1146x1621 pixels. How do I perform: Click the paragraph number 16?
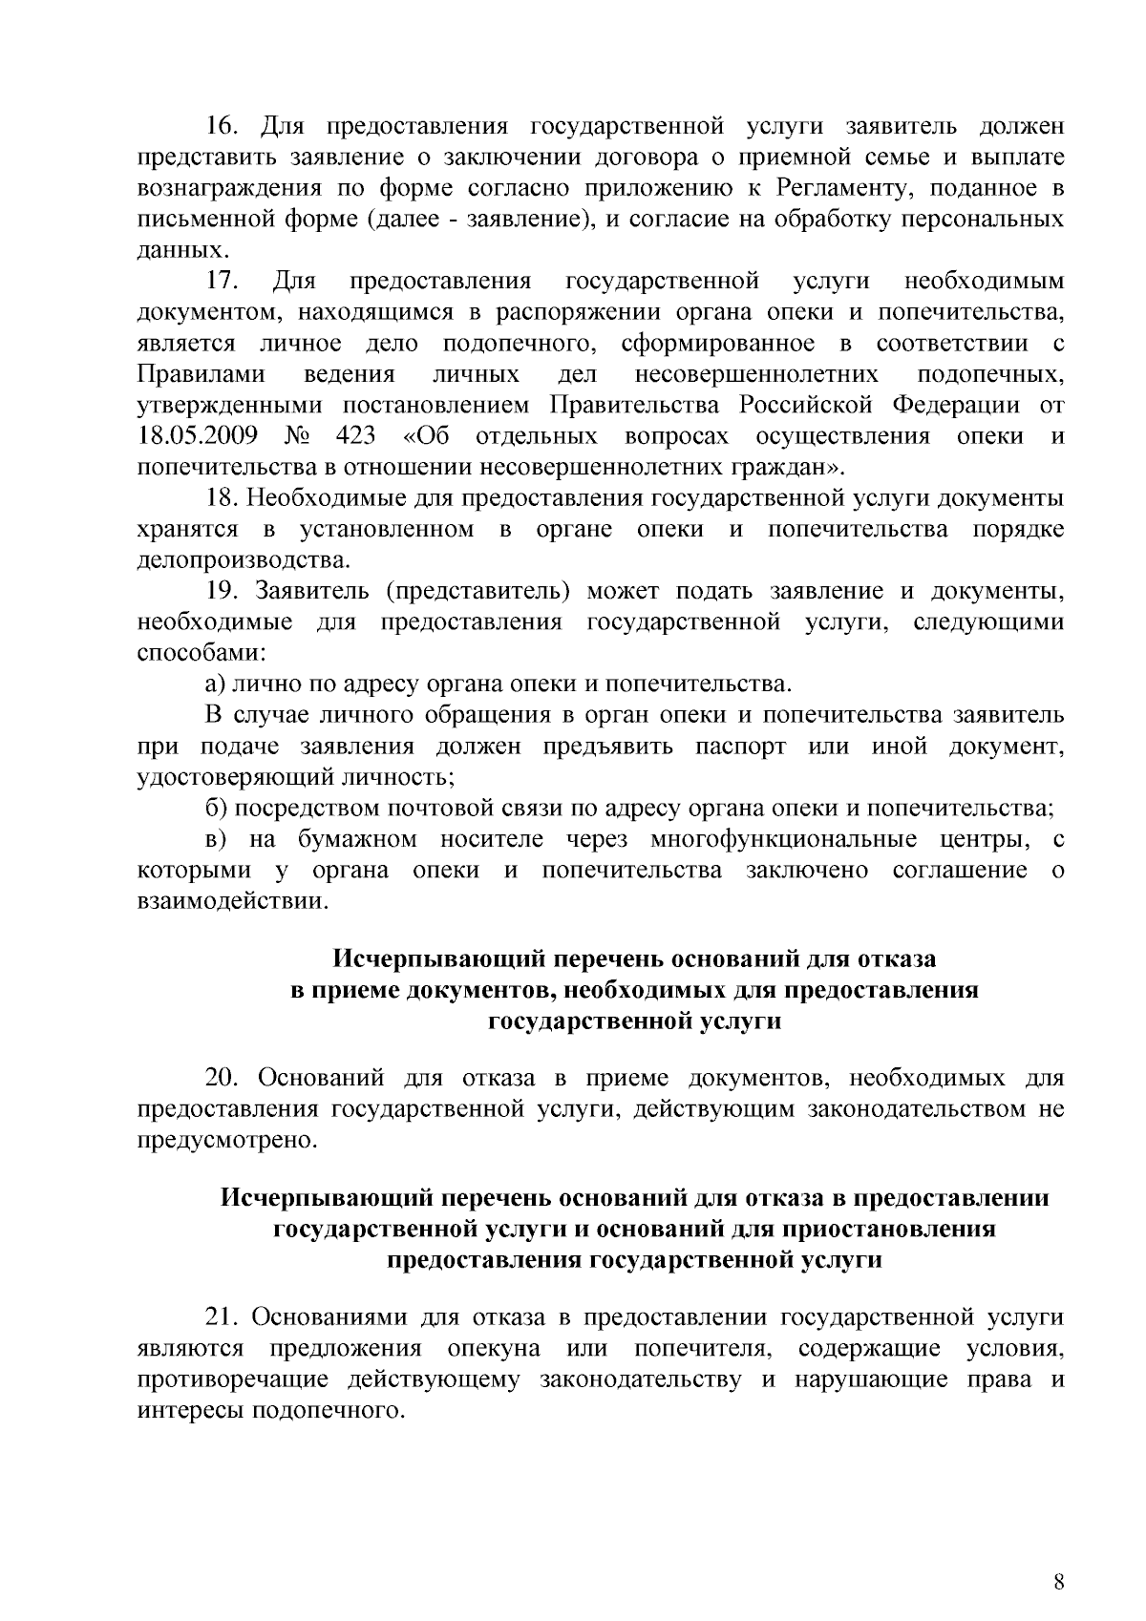(223, 127)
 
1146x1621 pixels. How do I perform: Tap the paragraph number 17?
(223, 282)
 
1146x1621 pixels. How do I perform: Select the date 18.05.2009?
(198, 437)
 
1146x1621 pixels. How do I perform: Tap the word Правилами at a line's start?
(202, 375)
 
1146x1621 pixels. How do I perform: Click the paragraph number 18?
(222, 498)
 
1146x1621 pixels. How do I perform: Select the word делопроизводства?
(244, 560)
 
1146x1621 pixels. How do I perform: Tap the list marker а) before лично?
(215, 684)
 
